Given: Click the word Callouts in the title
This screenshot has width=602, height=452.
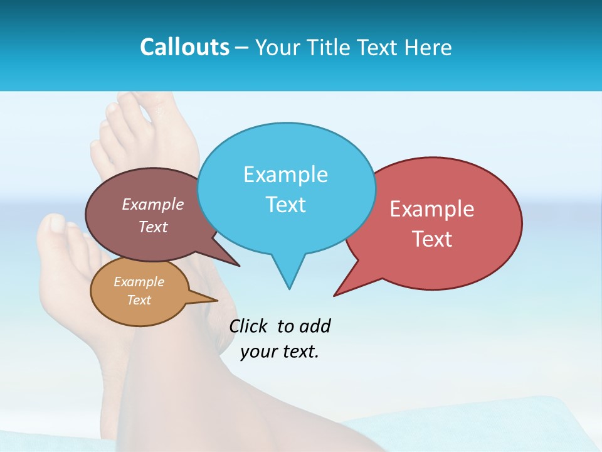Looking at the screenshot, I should pyautogui.click(x=184, y=47).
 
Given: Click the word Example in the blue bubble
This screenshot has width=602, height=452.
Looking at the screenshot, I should pyautogui.click(x=285, y=175).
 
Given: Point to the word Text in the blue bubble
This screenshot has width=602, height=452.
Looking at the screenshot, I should pyautogui.click(x=285, y=205).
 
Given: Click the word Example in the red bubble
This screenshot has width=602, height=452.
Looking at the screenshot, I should pyautogui.click(x=432, y=209).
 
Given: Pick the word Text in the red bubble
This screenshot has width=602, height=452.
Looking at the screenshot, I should pyautogui.click(x=432, y=239).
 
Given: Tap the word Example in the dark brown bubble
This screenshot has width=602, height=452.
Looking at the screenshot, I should pyautogui.click(x=153, y=205).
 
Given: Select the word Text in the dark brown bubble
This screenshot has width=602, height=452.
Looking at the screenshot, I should pyautogui.click(x=153, y=227).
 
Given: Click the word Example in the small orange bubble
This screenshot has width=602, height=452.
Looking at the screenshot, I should pyautogui.click(x=139, y=282).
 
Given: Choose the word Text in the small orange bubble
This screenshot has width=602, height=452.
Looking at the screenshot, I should pyautogui.click(x=139, y=300).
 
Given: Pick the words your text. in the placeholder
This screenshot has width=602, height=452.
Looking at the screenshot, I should pyautogui.click(x=280, y=352).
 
